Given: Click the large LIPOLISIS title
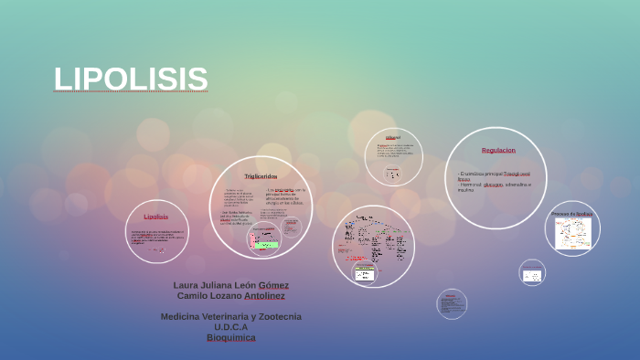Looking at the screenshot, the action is point(131,79).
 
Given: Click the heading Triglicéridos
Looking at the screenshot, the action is point(261,175).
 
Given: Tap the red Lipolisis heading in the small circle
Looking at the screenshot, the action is point(156,217).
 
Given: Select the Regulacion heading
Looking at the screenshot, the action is point(498,150).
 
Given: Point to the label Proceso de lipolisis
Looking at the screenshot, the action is point(572,214).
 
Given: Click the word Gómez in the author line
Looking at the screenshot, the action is point(273,285).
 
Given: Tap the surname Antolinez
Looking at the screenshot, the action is point(264,296).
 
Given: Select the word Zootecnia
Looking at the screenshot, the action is point(273,316).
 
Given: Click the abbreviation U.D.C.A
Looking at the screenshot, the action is point(230,326).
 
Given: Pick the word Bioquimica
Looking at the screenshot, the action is point(230,337).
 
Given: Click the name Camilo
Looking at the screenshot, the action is point(192,296).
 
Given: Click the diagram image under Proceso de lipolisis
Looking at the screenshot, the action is point(573,233).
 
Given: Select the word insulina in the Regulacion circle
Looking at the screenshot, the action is point(466,190).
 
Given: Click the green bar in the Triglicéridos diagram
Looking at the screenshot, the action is point(266,245).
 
